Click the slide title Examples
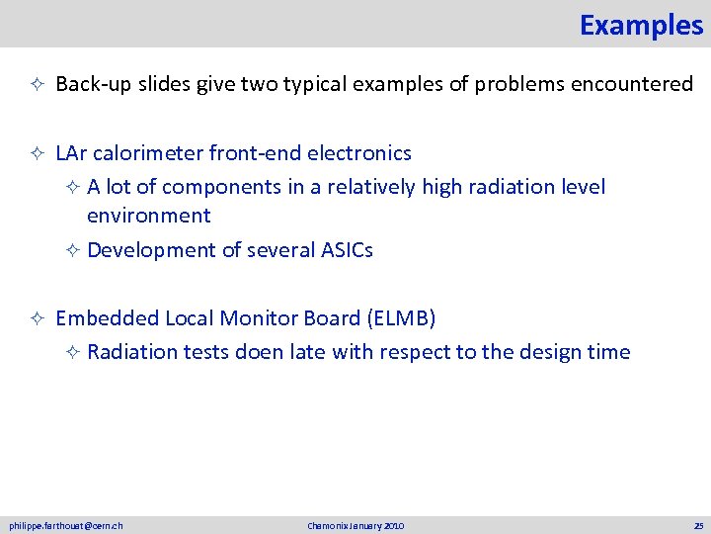click(x=641, y=25)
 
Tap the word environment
click(x=148, y=216)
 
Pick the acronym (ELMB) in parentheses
click(x=401, y=318)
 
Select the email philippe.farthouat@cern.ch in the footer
click(x=66, y=525)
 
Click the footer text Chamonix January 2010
click(x=355, y=525)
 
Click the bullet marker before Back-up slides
click(x=34, y=85)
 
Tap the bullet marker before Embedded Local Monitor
click(x=34, y=319)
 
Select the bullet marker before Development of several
click(x=71, y=251)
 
